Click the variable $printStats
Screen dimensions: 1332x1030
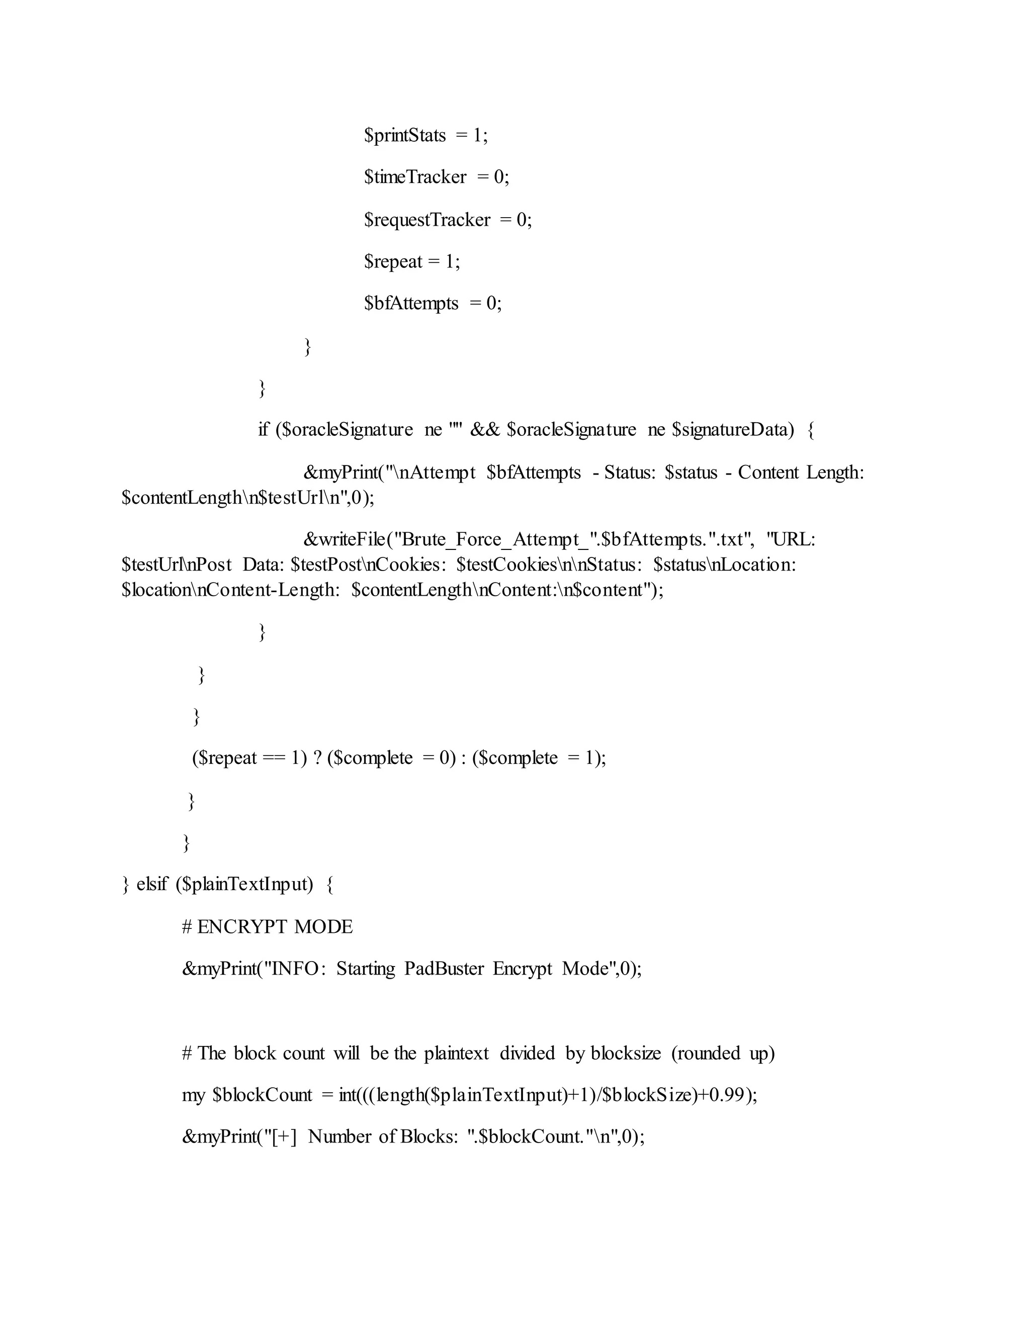pyautogui.click(x=405, y=135)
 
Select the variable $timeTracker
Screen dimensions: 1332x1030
pyautogui.click(x=415, y=177)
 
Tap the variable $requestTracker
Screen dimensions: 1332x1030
pyautogui.click(x=427, y=220)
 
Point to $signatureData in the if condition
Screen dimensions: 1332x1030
pyautogui.click(x=733, y=430)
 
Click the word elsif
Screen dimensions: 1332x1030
pyautogui.click(x=151, y=884)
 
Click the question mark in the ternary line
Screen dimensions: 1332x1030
pyautogui.click(x=317, y=758)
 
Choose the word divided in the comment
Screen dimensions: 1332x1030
pyautogui.click(x=527, y=1053)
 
